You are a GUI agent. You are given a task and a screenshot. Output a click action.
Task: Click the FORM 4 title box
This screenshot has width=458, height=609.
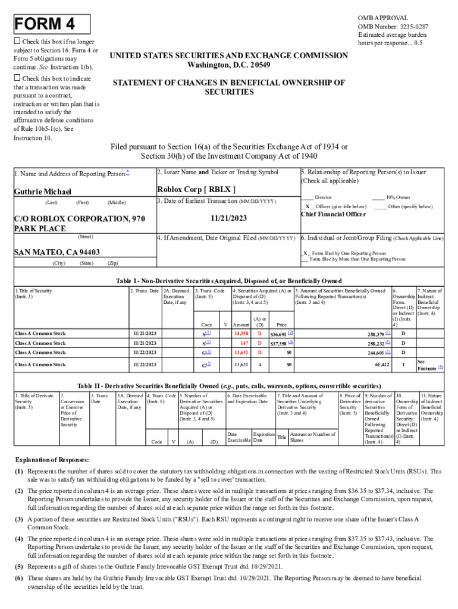52,24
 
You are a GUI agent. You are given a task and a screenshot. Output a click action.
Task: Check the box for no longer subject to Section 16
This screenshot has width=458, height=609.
17,41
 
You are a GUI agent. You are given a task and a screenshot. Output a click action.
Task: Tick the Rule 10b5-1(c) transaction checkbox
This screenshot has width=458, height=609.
17,79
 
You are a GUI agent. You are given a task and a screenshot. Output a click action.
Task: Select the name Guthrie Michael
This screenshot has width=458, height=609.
43,192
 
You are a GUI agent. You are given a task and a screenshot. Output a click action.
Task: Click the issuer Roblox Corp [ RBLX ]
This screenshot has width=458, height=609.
196,190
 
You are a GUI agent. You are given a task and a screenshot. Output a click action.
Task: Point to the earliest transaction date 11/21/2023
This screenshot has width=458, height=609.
228,218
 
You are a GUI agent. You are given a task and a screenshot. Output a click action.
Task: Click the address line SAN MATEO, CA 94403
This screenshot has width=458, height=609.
57,252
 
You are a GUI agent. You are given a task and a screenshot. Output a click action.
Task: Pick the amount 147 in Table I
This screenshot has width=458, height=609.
244,343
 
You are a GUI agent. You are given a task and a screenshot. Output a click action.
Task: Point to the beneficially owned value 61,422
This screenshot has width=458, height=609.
381,363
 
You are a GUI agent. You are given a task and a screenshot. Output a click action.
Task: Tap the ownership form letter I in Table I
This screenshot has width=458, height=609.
404,363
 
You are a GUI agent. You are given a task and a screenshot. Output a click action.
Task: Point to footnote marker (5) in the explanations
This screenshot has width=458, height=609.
19,567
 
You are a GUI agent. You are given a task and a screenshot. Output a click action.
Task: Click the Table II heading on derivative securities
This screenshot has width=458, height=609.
229,385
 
